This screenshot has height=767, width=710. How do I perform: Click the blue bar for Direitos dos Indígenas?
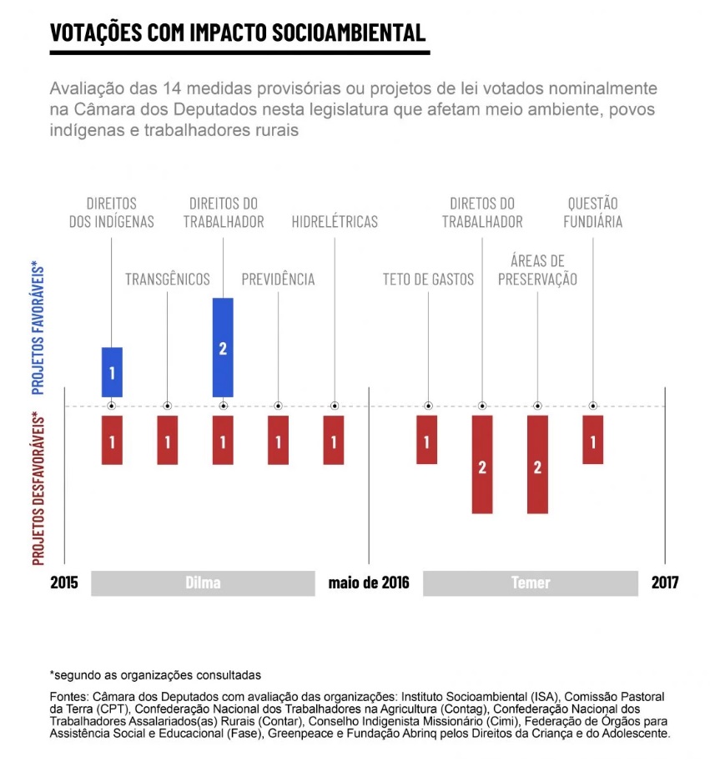coord(112,372)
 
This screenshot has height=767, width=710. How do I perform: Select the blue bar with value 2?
coord(223,347)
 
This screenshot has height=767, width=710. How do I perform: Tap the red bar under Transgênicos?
coord(167,440)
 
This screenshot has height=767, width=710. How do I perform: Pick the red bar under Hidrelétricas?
coord(334,440)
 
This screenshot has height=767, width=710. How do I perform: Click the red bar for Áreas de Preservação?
coord(537,465)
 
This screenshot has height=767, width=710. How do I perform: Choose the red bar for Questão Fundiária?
coord(592,440)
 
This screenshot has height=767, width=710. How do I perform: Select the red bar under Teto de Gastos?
coord(427,440)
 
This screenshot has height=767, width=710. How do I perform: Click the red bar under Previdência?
coord(278,440)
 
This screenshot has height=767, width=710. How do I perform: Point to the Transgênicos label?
coord(167,280)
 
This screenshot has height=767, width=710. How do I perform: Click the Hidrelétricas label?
coord(335,222)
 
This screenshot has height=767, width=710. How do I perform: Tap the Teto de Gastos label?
coord(428,280)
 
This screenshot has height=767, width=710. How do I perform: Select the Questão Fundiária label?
coord(592,212)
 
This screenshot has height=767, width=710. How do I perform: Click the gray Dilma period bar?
coord(203,583)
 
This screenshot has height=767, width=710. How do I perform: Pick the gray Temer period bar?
coord(531,583)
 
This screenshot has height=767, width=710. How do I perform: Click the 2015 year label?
coord(64,583)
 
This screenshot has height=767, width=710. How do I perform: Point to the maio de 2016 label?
coord(369,583)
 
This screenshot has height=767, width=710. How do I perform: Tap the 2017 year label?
coord(665,583)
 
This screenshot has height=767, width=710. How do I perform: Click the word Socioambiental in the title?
coord(349,33)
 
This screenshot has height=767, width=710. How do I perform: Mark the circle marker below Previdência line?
coord(278,406)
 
